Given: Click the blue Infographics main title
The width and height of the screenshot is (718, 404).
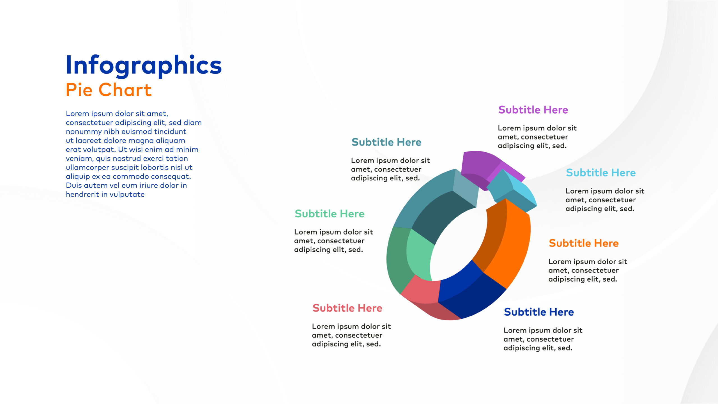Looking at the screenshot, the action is tap(144, 65).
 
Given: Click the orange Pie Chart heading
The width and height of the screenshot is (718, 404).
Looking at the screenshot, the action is tap(109, 90).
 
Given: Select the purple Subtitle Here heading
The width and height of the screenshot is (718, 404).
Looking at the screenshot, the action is tap(533, 110).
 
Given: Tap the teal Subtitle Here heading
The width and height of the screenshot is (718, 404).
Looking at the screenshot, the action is tap(386, 142).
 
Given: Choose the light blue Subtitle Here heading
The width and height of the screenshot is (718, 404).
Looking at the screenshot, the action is tap(601, 173).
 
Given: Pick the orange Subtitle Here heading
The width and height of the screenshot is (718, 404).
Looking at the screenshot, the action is tap(584, 243).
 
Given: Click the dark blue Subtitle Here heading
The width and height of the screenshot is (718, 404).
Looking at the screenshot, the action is tap(539, 312).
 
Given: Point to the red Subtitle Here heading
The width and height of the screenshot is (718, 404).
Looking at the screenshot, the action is tap(348, 308).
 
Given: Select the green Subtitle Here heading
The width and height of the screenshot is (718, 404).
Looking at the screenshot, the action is tap(330, 214).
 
